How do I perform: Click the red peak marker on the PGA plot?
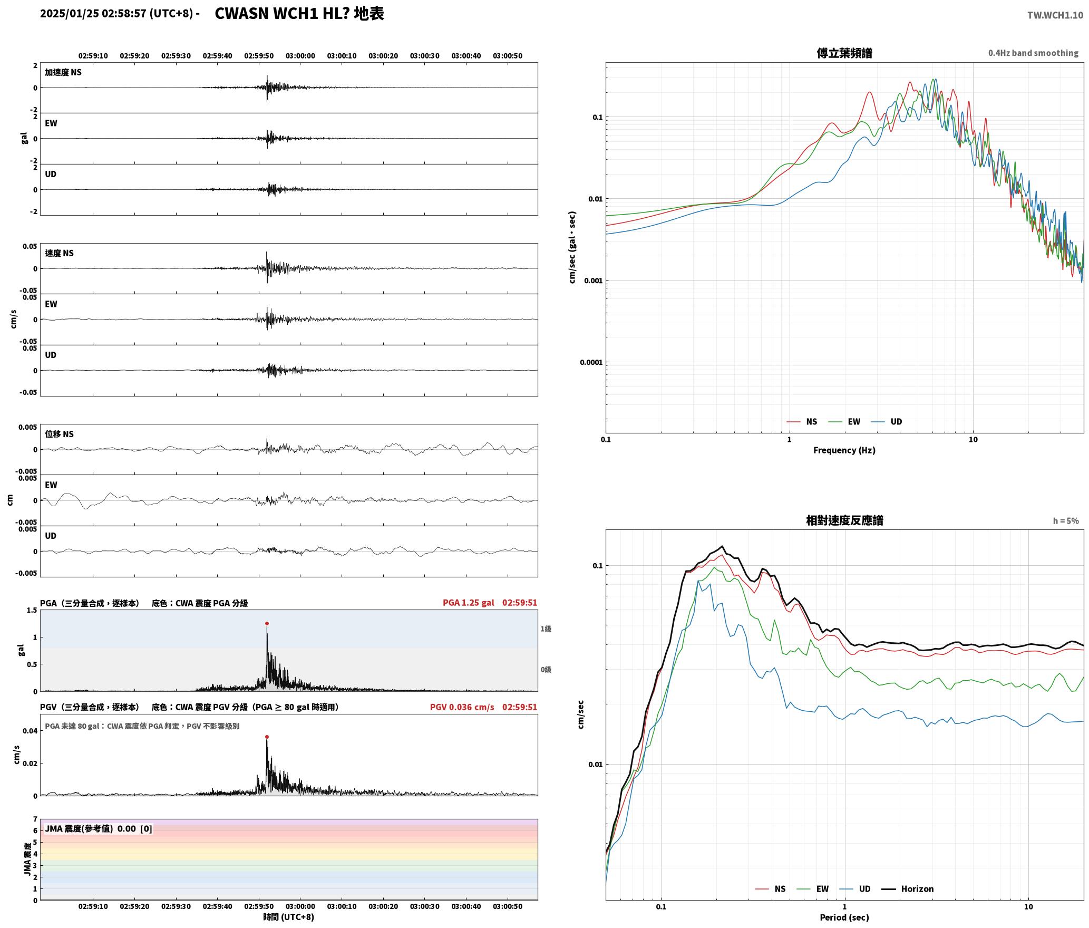coord(267,623)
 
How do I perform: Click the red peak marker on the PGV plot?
coord(267,737)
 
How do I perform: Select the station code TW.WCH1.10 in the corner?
coord(1055,15)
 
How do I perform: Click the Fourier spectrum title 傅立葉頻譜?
coord(844,53)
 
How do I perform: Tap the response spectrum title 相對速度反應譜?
coord(844,520)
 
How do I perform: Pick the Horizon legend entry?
coord(917,889)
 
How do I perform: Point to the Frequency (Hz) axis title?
coord(844,450)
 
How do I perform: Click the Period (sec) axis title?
coord(844,917)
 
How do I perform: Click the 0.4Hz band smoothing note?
coord(1033,53)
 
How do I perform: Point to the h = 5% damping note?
coord(1066,521)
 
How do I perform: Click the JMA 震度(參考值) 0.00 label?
coord(90,828)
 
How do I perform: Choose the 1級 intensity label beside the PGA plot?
coord(546,629)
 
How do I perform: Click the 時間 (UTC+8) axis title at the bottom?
coord(289,917)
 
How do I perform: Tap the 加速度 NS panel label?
coord(63,72)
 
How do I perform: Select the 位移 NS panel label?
coord(59,434)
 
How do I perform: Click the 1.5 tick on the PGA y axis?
coord(32,610)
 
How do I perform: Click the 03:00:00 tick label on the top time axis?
coord(300,56)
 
